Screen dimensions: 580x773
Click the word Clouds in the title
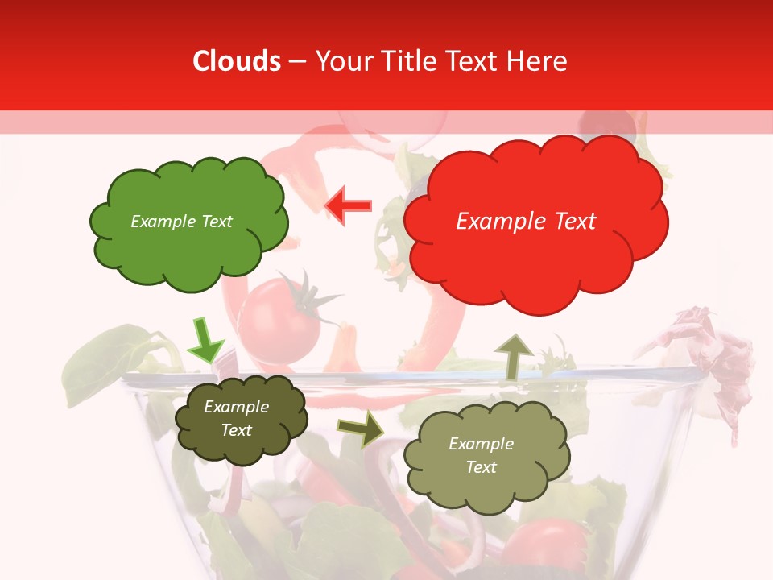click(x=237, y=61)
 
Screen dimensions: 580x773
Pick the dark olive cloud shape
click(x=240, y=419)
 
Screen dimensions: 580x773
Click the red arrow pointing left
click(x=348, y=205)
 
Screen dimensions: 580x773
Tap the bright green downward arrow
click(x=204, y=342)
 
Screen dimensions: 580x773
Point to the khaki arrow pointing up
click(x=512, y=355)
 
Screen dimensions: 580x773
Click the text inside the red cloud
click(x=526, y=222)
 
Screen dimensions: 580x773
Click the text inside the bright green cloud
click(x=181, y=222)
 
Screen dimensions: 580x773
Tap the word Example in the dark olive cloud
click(x=236, y=407)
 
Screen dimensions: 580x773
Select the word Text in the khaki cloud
click(x=481, y=467)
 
